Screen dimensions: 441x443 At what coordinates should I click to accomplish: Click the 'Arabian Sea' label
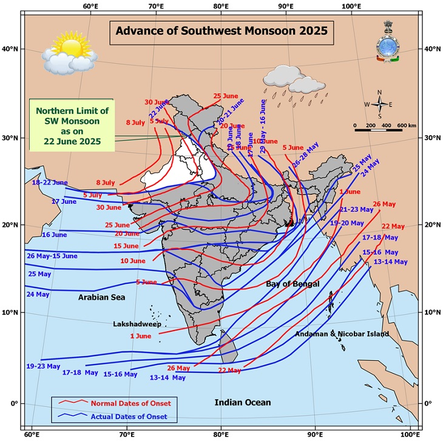pos(101,297)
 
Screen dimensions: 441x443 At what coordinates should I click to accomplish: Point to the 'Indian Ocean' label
pos(243,402)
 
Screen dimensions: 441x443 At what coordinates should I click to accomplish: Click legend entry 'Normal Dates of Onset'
pos(130,403)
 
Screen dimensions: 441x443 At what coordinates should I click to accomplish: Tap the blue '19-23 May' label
pos(43,366)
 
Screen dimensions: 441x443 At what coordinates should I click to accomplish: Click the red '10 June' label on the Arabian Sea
pos(133,261)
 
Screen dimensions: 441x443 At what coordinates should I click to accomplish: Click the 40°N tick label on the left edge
pos(12,49)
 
